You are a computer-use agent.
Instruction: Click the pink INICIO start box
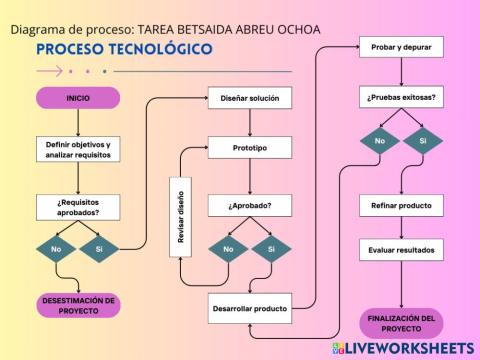tap(78, 98)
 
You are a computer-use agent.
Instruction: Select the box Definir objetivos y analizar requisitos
tap(78, 150)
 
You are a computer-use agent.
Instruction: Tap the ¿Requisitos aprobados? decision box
tap(78, 206)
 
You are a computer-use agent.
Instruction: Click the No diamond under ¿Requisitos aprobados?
tap(56, 248)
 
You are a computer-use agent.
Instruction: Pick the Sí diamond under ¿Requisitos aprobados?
tap(99, 248)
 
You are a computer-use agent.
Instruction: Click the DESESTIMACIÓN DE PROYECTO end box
tap(78, 304)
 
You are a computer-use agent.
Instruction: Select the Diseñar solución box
tap(250, 98)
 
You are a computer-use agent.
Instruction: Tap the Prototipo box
tap(250, 148)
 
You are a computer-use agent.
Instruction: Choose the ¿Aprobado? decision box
tap(250, 206)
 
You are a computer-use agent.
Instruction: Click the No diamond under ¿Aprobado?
tap(229, 248)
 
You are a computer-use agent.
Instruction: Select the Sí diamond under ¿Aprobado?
tap(271, 248)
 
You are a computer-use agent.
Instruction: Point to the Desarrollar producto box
tap(250, 308)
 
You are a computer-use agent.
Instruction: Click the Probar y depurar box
tap(401, 47)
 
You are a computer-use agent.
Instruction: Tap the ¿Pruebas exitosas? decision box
tap(401, 98)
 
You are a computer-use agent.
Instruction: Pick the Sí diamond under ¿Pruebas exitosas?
tap(423, 141)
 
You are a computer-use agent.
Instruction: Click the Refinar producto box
tap(401, 206)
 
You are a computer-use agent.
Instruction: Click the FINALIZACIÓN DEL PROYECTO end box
tap(401, 323)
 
